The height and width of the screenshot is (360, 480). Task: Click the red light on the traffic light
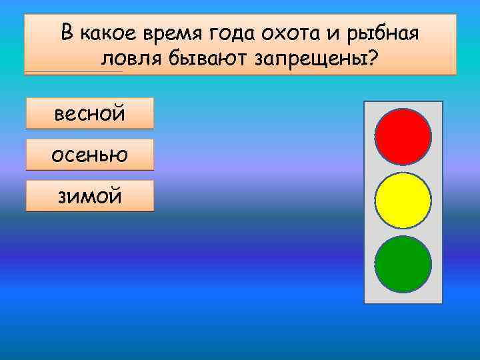coord(403,137)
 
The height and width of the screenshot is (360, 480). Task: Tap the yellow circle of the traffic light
coord(403,200)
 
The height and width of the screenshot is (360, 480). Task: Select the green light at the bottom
coord(403,263)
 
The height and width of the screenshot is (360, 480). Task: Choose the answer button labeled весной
coord(89,113)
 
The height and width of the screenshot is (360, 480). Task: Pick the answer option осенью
coord(89,155)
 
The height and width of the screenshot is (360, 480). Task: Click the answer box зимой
coord(89,196)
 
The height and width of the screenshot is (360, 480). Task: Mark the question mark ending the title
coord(372,59)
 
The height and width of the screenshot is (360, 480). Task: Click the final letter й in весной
coord(119,113)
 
